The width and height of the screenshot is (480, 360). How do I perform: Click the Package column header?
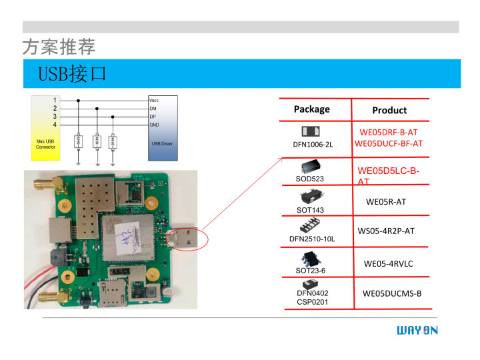(x=311, y=109)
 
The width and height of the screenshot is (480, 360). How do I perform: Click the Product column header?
(x=389, y=110)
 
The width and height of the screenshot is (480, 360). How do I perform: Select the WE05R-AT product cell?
(x=386, y=201)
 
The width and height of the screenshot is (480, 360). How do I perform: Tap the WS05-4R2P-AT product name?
(x=386, y=231)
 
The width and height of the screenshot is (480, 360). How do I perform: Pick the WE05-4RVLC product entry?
(x=388, y=264)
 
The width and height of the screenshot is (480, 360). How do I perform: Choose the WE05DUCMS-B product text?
(x=392, y=293)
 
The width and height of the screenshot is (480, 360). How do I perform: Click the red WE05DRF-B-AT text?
(x=389, y=133)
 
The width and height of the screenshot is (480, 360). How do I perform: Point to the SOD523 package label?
(x=309, y=179)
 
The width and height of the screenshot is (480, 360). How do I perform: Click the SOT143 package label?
(x=310, y=210)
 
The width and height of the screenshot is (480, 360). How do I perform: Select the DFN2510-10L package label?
(x=312, y=239)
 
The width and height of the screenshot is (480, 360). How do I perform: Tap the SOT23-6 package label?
(x=310, y=270)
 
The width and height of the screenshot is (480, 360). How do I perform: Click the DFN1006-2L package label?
(x=312, y=145)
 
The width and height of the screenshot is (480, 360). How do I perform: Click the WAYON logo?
(x=417, y=331)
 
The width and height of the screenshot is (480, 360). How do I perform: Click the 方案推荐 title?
(x=59, y=47)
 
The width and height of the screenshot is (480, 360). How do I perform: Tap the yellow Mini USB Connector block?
(x=46, y=144)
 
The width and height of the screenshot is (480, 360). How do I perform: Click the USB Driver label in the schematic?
(x=163, y=144)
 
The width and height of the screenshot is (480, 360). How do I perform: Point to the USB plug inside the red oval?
(x=185, y=237)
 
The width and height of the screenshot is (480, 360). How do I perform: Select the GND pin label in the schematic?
(x=154, y=125)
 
